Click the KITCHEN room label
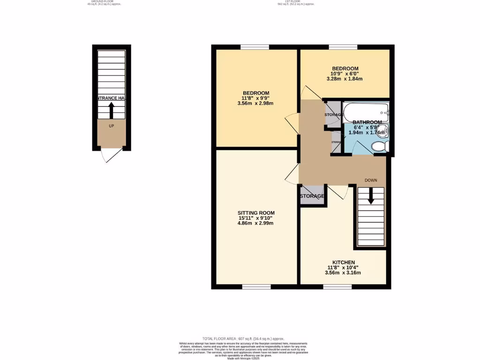coord(344,262)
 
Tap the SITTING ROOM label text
coord(255,213)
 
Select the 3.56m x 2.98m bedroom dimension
coord(255,104)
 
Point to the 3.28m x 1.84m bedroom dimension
coord(345,79)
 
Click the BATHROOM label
coord(367,122)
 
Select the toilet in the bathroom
coord(379,147)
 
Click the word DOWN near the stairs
coord(371,180)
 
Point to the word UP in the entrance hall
coord(111,126)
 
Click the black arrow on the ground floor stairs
coord(111,111)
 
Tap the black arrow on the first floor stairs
coord(371,196)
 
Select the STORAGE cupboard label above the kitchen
coord(312,196)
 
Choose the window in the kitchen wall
coord(337,286)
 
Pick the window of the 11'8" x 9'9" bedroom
coord(255,47)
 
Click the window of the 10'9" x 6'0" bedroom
coord(343,47)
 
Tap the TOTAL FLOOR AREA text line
coord(243,338)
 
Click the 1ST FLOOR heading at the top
coord(295,2)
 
